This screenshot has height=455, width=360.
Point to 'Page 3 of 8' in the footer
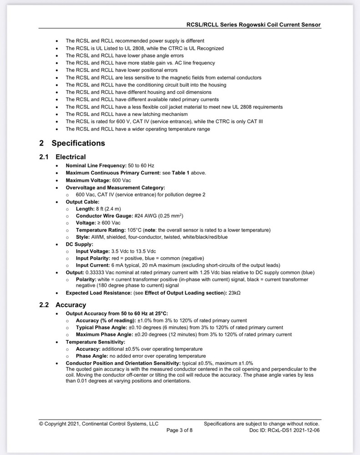(179, 430)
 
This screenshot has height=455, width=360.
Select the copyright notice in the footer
(99, 424)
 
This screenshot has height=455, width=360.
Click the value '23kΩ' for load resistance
(234, 293)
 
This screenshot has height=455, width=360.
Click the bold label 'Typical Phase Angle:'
(100, 328)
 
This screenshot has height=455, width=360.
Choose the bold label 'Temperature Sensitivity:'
(95, 342)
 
